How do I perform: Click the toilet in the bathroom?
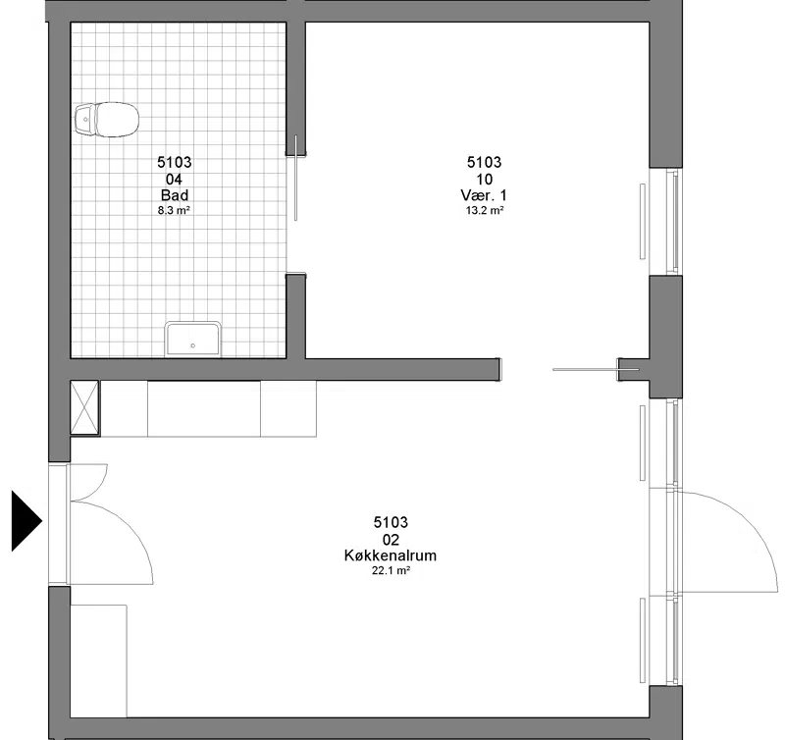click(107, 120)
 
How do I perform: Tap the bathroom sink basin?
click(192, 340)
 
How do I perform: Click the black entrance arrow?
click(26, 521)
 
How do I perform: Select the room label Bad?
click(175, 195)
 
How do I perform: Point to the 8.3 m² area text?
click(174, 210)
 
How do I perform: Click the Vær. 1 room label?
click(484, 195)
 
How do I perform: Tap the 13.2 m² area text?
click(484, 210)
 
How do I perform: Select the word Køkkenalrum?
click(391, 555)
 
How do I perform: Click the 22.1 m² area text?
click(391, 570)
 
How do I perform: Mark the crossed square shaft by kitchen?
click(84, 407)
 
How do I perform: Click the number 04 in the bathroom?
click(174, 180)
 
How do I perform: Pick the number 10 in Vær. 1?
click(484, 180)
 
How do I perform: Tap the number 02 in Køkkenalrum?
click(391, 539)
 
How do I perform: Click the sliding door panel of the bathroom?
click(296, 178)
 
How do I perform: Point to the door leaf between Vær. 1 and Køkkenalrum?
click(596, 369)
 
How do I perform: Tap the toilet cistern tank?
click(84, 120)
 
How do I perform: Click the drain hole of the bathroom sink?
click(192, 346)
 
